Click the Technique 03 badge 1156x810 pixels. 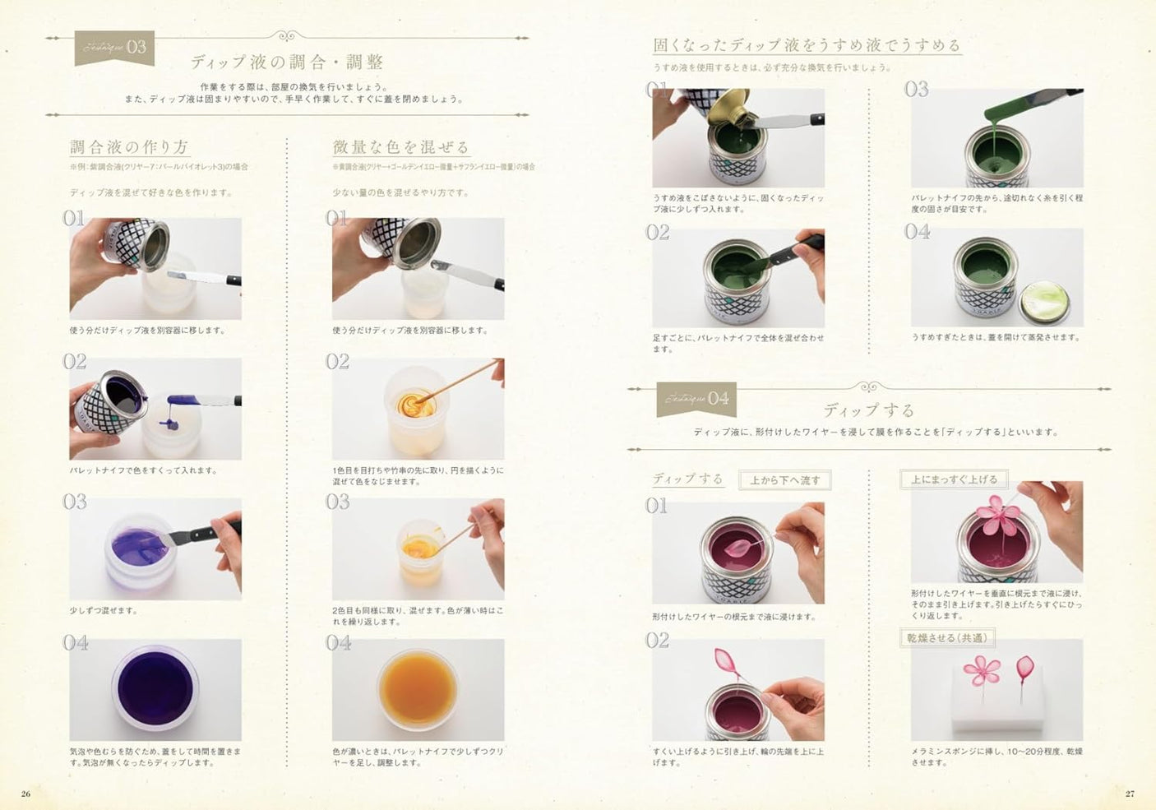114,48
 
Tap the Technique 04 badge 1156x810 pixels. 696,400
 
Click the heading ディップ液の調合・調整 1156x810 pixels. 287,62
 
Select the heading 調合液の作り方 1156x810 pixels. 129,147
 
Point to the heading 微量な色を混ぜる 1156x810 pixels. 400,147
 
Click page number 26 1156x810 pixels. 25,794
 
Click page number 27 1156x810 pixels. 1130,794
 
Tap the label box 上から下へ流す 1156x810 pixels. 784,480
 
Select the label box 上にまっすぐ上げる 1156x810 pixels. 954,479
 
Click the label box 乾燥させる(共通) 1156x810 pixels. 946,638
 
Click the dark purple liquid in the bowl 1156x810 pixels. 155,687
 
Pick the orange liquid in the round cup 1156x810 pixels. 418,687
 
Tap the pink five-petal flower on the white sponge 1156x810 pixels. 981,670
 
